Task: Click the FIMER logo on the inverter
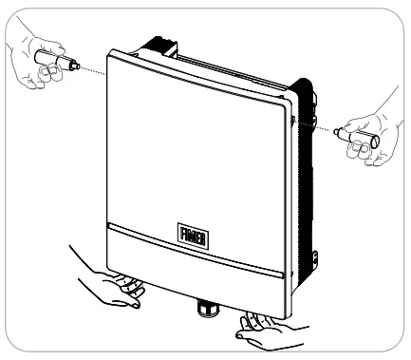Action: point(188,233)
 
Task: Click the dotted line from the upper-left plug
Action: point(90,71)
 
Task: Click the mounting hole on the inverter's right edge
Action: point(293,123)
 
